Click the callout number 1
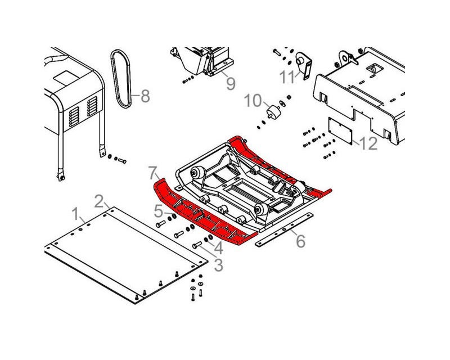point(75,214)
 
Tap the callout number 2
point(99,201)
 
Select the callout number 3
point(219,265)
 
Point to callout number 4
point(219,248)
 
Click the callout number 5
point(159,211)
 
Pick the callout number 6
point(300,241)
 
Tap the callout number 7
point(153,173)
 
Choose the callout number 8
point(145,96)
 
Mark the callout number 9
point(231,84)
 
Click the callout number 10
point(253,101)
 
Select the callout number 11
point(287,77)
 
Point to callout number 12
point(368,143)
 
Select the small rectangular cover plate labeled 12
point(340,130)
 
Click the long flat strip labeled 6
point(283,229)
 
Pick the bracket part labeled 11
point(304,65)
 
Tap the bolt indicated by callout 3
point(197,245)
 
